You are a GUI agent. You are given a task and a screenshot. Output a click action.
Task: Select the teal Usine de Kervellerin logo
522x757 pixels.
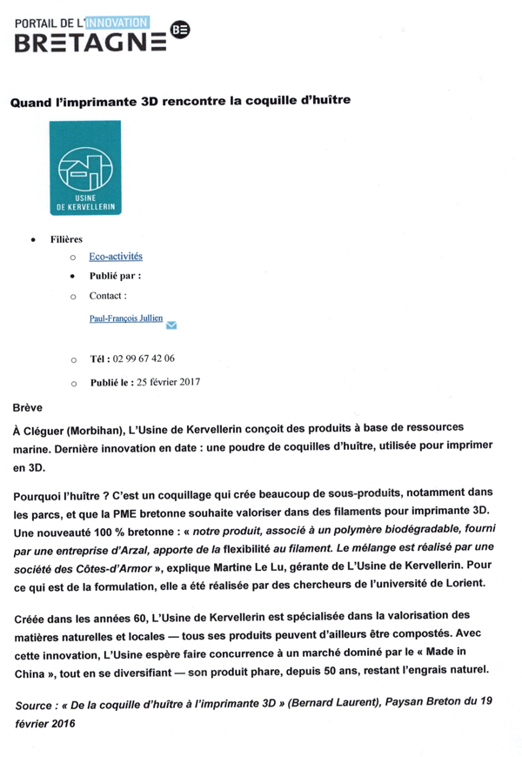click(85, 169)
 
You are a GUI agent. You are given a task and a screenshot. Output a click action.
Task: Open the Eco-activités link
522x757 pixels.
click(116, 257)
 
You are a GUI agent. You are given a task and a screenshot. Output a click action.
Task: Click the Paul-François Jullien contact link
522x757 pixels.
click(126, 319)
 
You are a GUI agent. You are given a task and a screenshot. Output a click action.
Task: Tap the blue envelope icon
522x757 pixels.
click(171, 326)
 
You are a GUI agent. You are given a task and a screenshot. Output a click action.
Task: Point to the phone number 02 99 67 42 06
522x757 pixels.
click(144, 358)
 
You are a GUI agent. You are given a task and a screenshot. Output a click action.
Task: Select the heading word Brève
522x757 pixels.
click(29, 406)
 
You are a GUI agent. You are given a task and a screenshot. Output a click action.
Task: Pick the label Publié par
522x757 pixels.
click(115, 276)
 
